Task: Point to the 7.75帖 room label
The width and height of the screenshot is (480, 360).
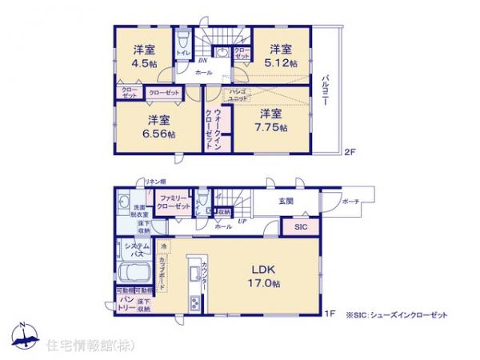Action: click(x=270, y=122)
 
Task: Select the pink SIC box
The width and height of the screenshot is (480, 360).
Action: click(x=298, y=227)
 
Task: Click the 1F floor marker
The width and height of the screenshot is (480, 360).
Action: click(x=329, y=314)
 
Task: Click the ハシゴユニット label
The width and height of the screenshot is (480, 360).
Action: click(x=237, y=95)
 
